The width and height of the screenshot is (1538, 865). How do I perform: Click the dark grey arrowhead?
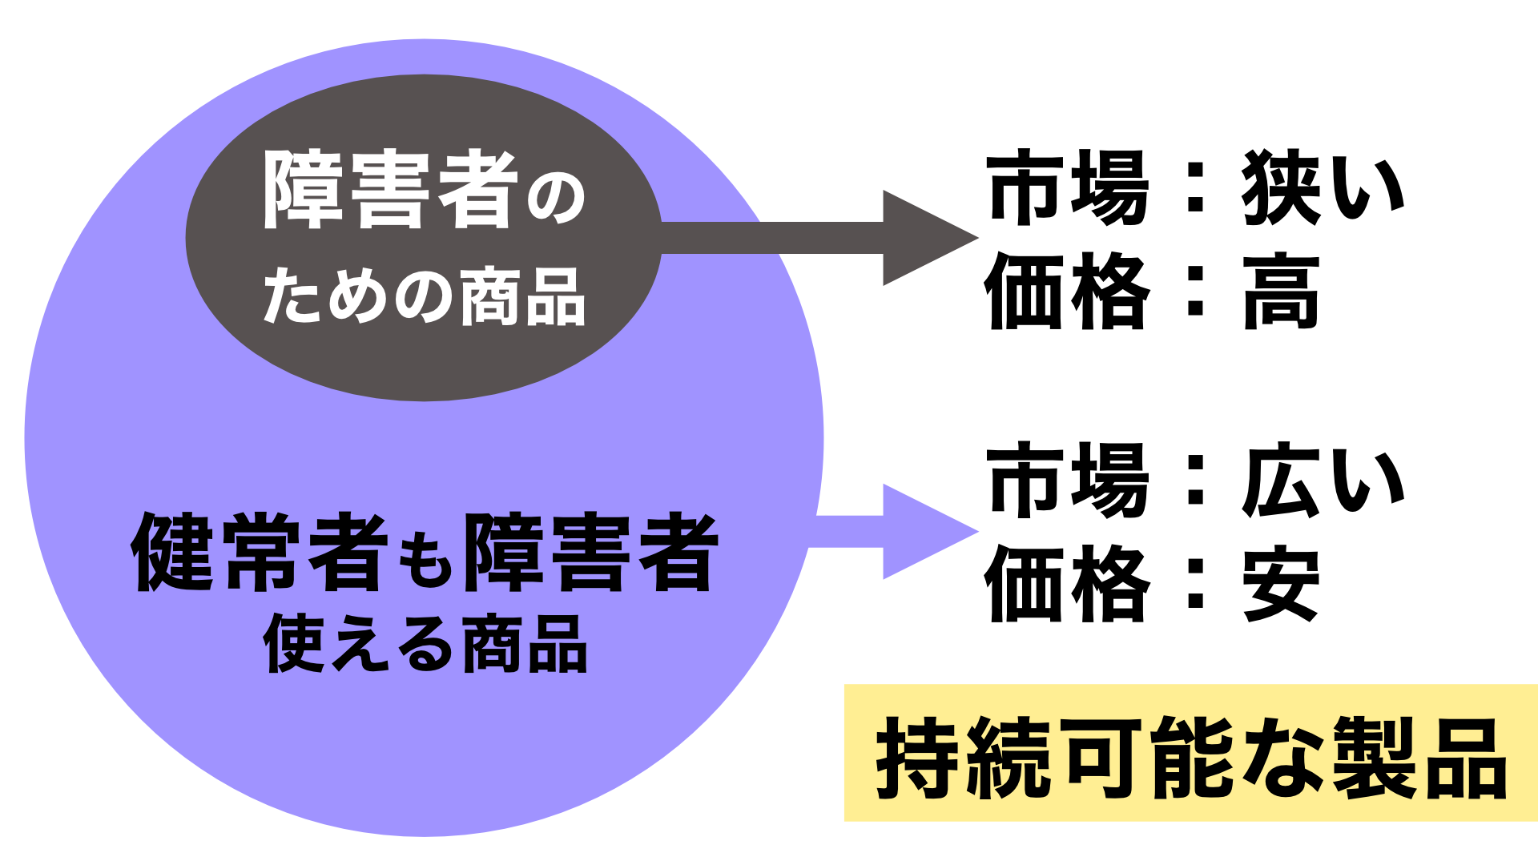click(x=921, y=238)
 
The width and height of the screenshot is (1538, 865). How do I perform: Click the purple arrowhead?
click(x=921, y=531)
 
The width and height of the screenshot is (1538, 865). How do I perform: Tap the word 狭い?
click(x=1323, y=188)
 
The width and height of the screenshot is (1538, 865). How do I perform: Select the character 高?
click(x=1281, y=292)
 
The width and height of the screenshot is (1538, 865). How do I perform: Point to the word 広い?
click(x=1323, y=481)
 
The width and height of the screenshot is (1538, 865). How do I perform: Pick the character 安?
click(x=1281, y=584)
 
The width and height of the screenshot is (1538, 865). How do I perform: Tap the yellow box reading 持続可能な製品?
click(x=1190, y=753)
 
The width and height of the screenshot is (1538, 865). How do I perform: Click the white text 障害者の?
click(x=425, y=191)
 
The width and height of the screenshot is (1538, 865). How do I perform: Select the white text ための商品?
click(x=425, y=296)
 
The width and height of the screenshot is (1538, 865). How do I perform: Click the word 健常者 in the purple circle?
click(x=260, y=553)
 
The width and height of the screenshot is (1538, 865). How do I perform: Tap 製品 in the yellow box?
click(x=1419, y=758)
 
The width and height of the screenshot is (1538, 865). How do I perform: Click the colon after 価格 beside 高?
click(x=1195, y=292)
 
